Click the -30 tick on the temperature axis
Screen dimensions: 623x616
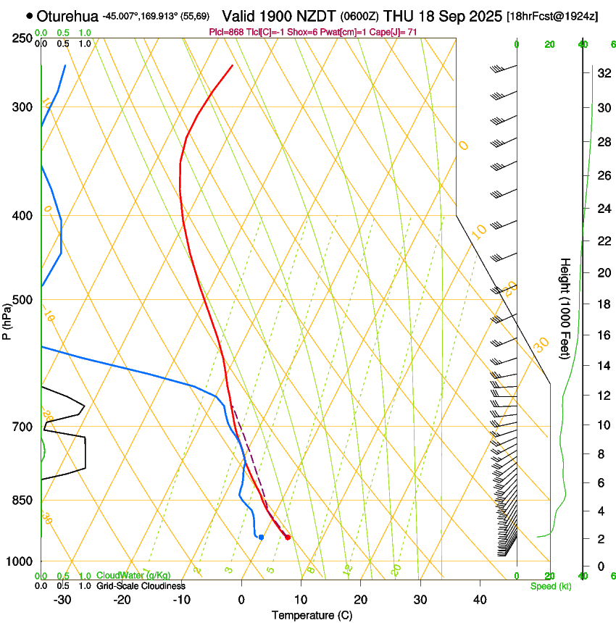[x=62, y=600]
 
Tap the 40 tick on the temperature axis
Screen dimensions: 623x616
[x=480, y=600]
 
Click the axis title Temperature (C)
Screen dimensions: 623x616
[x=312, y=615]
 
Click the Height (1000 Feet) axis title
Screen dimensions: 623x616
[x=565, y=308]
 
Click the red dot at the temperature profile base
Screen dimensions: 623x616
[x=288, y=537]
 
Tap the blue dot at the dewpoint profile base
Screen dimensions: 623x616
[x=261, y=537]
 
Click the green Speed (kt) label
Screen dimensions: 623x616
[x=551, y=586]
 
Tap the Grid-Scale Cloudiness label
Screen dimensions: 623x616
[x=140, y=586]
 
